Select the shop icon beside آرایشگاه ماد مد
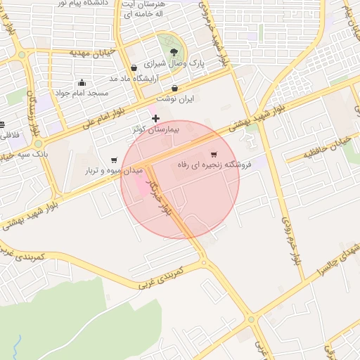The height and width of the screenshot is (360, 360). click(x=134, y=67)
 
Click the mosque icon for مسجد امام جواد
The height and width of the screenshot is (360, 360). click(x=82, y=82)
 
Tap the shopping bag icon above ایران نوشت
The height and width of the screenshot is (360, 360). click(x=174, y=89)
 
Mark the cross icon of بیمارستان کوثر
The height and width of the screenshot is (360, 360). click(x=155, y=118)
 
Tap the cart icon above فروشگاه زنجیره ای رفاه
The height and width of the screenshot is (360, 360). click(x=214, y=154)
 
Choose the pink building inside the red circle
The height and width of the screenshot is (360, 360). click(x=141, y=188)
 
